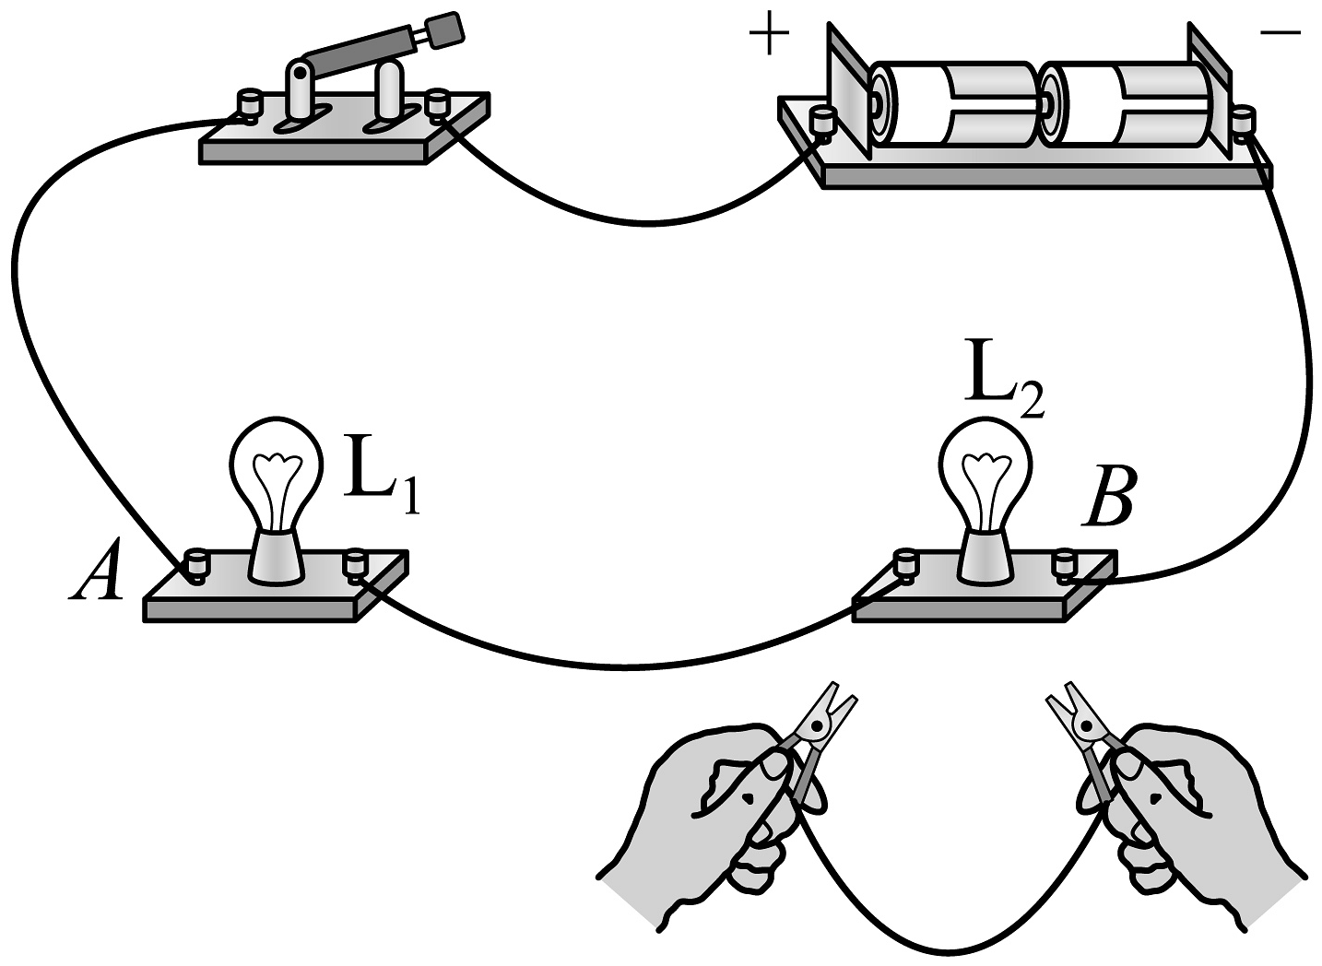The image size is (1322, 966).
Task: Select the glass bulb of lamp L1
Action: click(x=276, y=471)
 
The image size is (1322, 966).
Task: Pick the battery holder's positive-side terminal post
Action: click(x=820, y=121)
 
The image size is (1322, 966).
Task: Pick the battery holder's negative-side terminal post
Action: click(x=1245, y=121)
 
